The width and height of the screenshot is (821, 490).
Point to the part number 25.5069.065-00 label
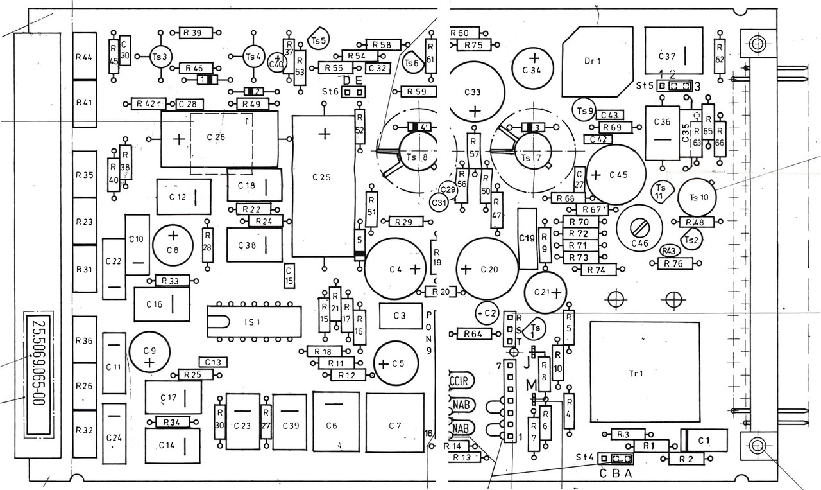(39, 373)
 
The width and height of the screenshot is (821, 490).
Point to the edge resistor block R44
(84, 56)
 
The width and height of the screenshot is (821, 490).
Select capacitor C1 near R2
(704, 441)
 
